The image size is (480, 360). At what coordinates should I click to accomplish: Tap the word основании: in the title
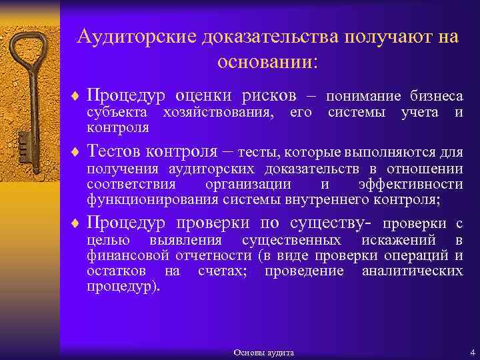[x=268, y=61]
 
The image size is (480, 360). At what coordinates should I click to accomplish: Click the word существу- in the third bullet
[x=328, y=222]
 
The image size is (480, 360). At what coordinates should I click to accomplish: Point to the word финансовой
[x=127, y=255]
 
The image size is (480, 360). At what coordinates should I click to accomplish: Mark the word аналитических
[x=412, y=271]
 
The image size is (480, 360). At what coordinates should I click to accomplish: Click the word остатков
[x=117, y=271]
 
